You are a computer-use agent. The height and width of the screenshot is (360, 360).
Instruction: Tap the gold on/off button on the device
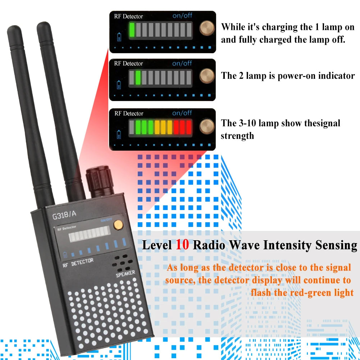tap(117, 224)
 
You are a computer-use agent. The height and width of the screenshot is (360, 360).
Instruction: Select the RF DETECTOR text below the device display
tap(78, 263)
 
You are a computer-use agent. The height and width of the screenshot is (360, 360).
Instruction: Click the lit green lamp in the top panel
tap(132, 29)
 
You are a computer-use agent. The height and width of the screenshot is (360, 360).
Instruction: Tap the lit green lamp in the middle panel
tap(138, 77)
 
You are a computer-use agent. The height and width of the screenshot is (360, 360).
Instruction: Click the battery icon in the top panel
tap(119, 37)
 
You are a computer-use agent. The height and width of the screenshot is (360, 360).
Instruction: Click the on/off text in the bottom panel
tap(182, 113)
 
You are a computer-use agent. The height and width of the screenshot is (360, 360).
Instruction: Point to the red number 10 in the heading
tap(182, 245)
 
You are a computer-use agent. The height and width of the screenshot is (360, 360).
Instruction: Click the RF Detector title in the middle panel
tap(128, 64)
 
